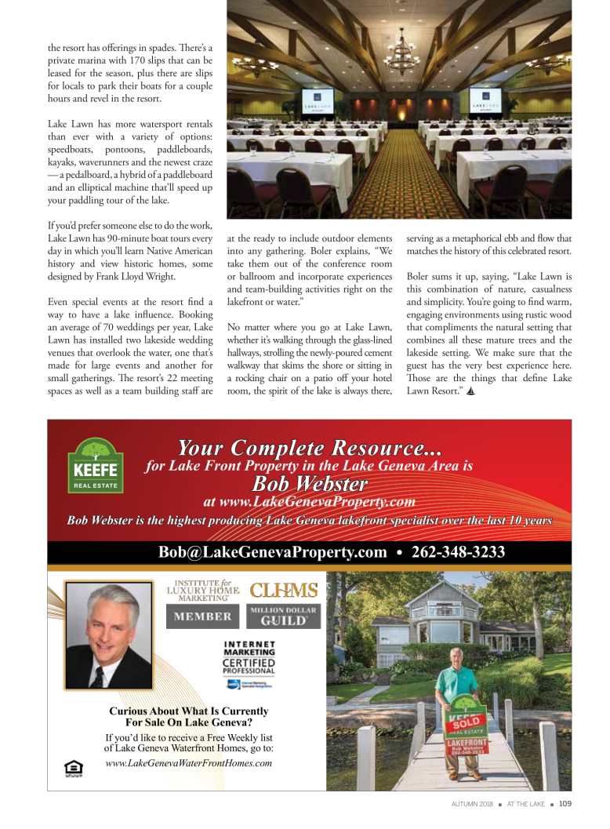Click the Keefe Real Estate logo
(95, 466)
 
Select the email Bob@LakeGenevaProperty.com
(272, 552)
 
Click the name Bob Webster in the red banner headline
(310, 483)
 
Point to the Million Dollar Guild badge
(284, 616)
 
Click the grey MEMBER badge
(202, 616)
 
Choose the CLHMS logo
(283, 590)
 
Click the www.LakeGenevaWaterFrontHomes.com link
(188, 763)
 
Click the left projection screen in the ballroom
(318, 102)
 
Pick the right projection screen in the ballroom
(485, 102)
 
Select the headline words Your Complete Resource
(309, 449)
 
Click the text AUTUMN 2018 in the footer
(472, 803)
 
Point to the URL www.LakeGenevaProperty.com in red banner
(309, 502)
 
